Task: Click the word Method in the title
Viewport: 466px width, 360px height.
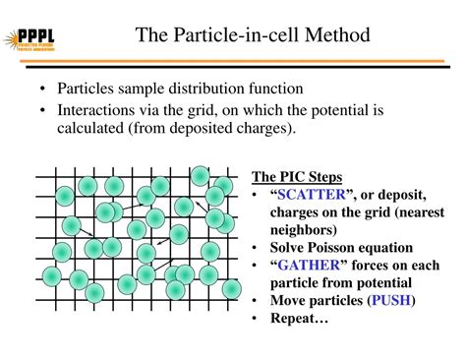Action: point(337,36)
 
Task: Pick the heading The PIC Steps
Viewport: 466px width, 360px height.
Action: point(298,177)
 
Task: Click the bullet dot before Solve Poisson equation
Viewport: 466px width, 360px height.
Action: point(256,248)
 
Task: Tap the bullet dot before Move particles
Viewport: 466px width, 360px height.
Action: point(256,301)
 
